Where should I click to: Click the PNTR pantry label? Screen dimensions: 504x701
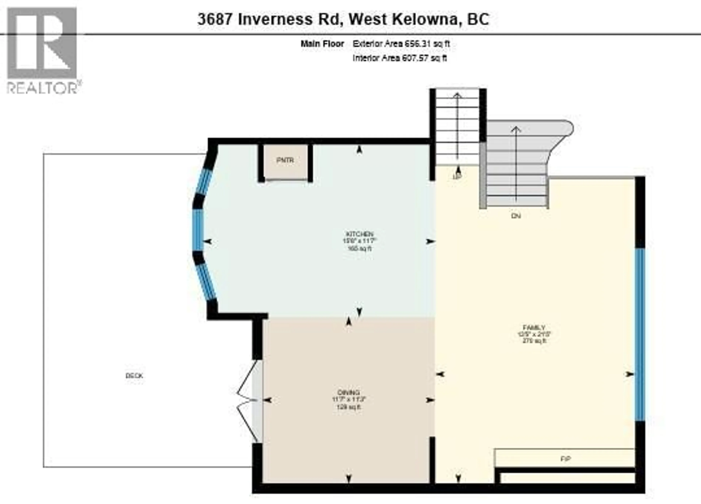pos(285,160)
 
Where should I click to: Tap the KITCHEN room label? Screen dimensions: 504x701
pos(359,234)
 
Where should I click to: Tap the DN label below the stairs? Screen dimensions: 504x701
pos(516,216)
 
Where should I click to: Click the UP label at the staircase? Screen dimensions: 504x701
pos(457,176)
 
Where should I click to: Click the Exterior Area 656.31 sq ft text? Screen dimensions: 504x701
pos(401,44)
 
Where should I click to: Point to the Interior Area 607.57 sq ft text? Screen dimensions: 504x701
pos(399,58)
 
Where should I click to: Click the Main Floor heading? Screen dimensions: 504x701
pos(322,44)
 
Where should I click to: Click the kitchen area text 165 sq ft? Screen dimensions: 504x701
pos(359,248)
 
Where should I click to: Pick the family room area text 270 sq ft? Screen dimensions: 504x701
pos(534,341)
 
